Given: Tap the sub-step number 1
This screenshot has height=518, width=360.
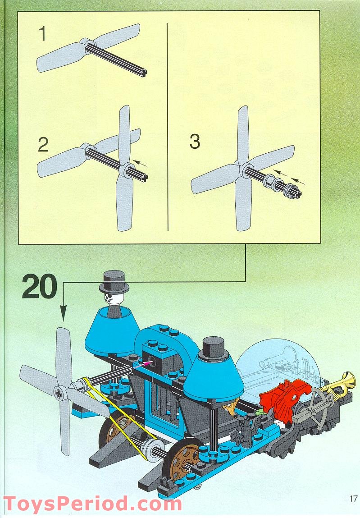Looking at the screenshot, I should tap(43, 34).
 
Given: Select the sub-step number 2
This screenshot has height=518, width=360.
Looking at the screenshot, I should tap(43, 144).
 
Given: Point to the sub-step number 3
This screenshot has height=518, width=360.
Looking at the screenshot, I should tap(195, 142).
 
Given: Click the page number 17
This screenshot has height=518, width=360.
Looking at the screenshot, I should tap(353, 499).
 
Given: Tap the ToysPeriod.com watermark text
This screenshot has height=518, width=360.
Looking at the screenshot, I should tap(92, 503).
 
